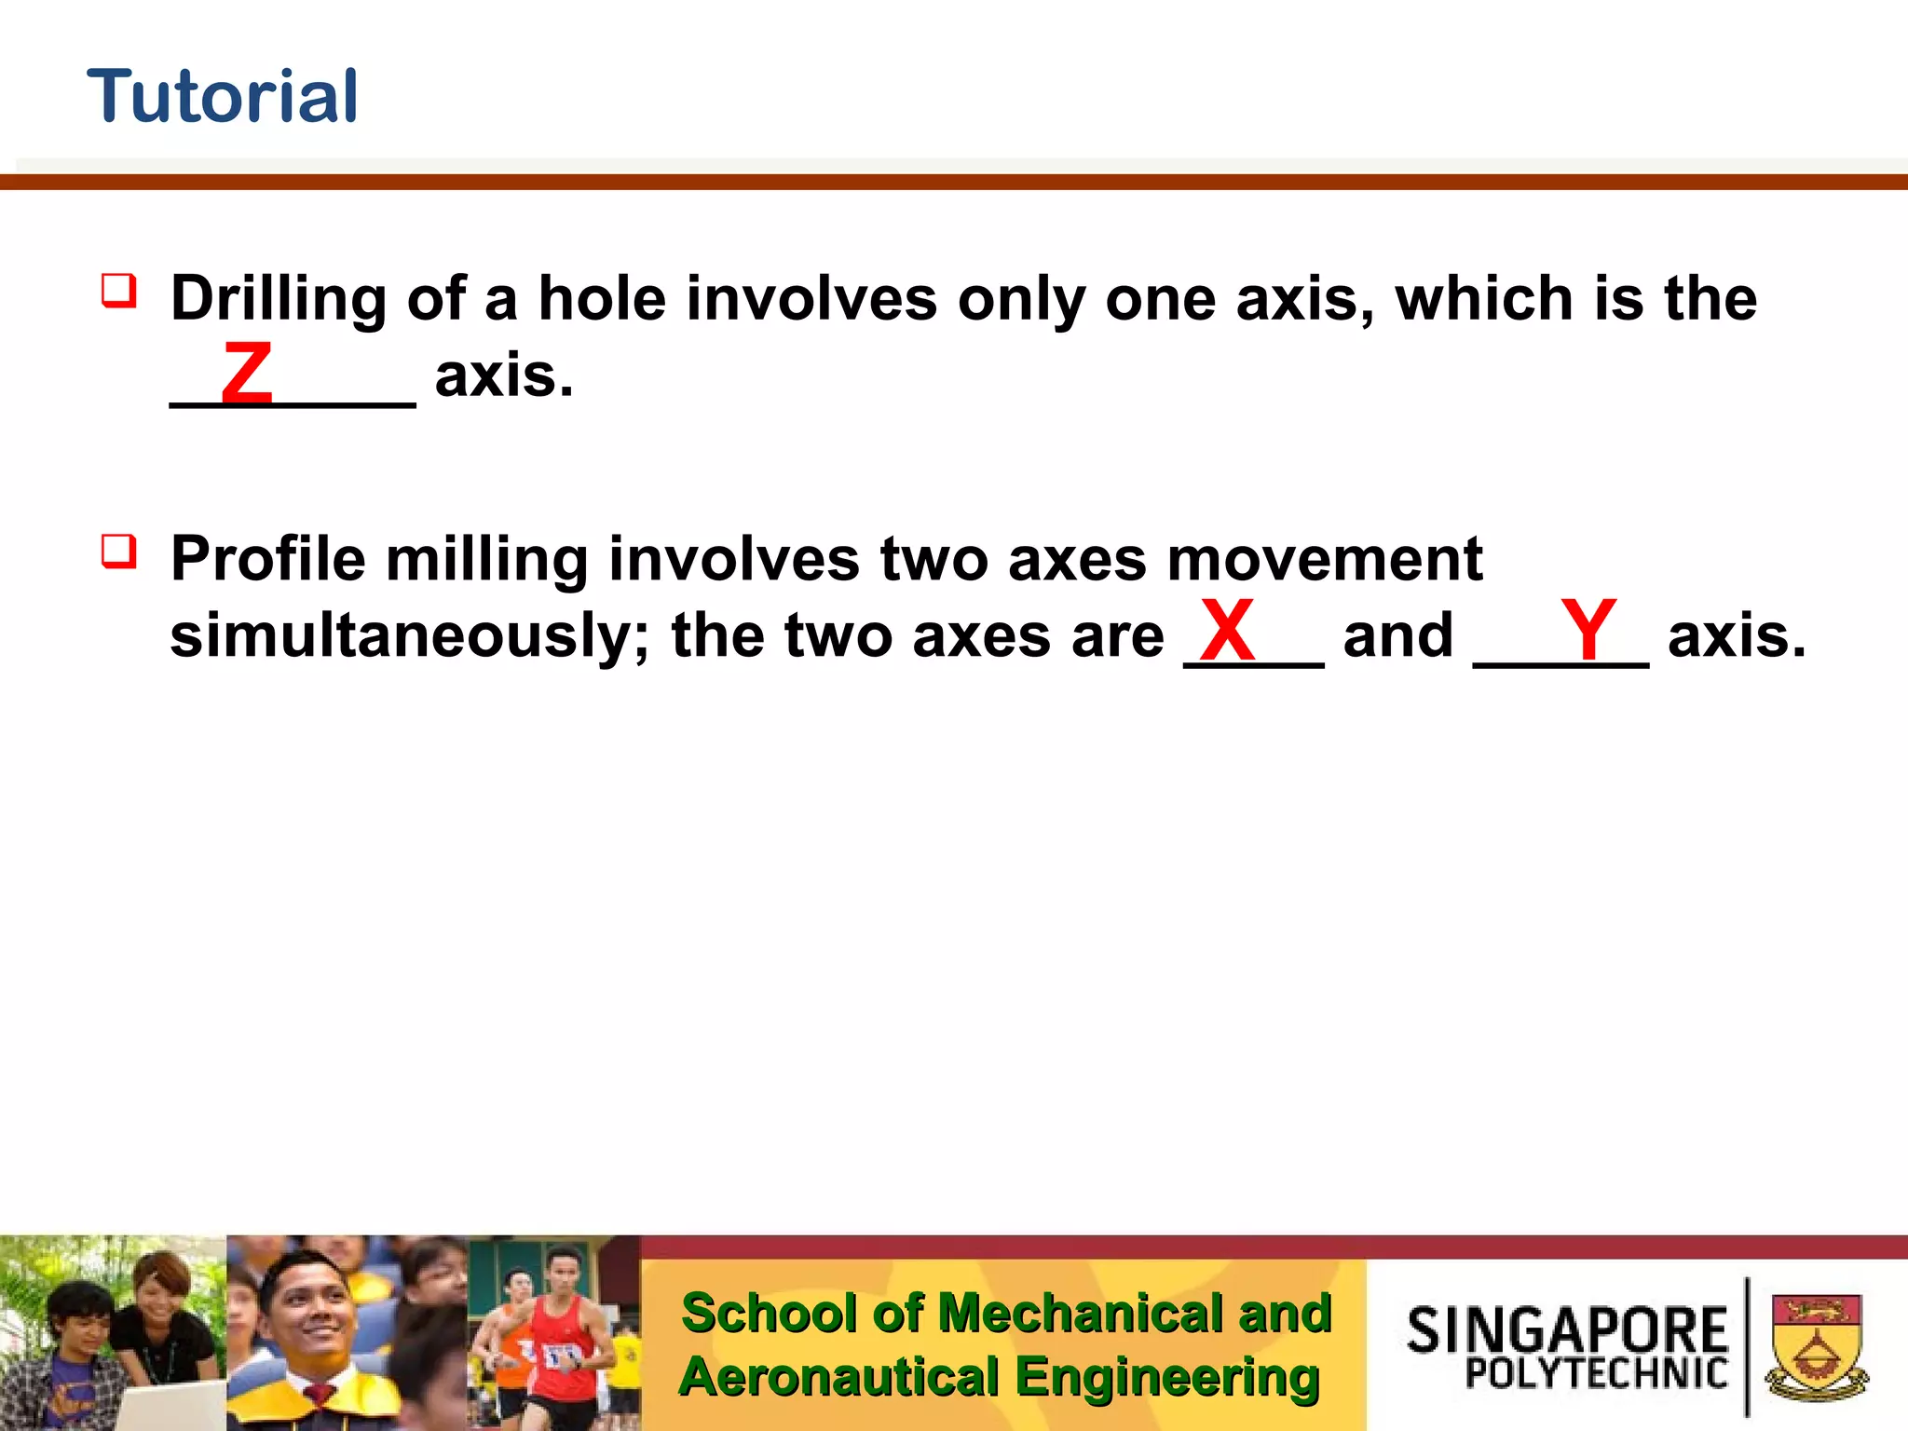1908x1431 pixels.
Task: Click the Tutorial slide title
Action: [x=223, y=96]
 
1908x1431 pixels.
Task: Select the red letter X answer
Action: [x=1227, y=630]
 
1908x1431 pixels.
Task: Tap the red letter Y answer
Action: [x=1588, y=630]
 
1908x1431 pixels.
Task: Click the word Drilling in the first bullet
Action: [x=279, y=300]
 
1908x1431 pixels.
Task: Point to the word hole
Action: [x=603, y=300]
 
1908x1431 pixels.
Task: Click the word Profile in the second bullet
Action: [x=268, y=560]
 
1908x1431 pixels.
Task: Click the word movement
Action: [x=1324, y=560]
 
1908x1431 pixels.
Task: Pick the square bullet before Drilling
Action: [x=119, y=291]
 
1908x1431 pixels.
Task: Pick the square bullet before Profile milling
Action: [x=119, y=551]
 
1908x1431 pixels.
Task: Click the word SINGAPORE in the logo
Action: [x=1567, y=1330]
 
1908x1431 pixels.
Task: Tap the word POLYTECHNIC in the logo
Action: [x=1595, y=1374]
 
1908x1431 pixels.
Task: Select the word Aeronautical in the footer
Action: [x=838, y=1378]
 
